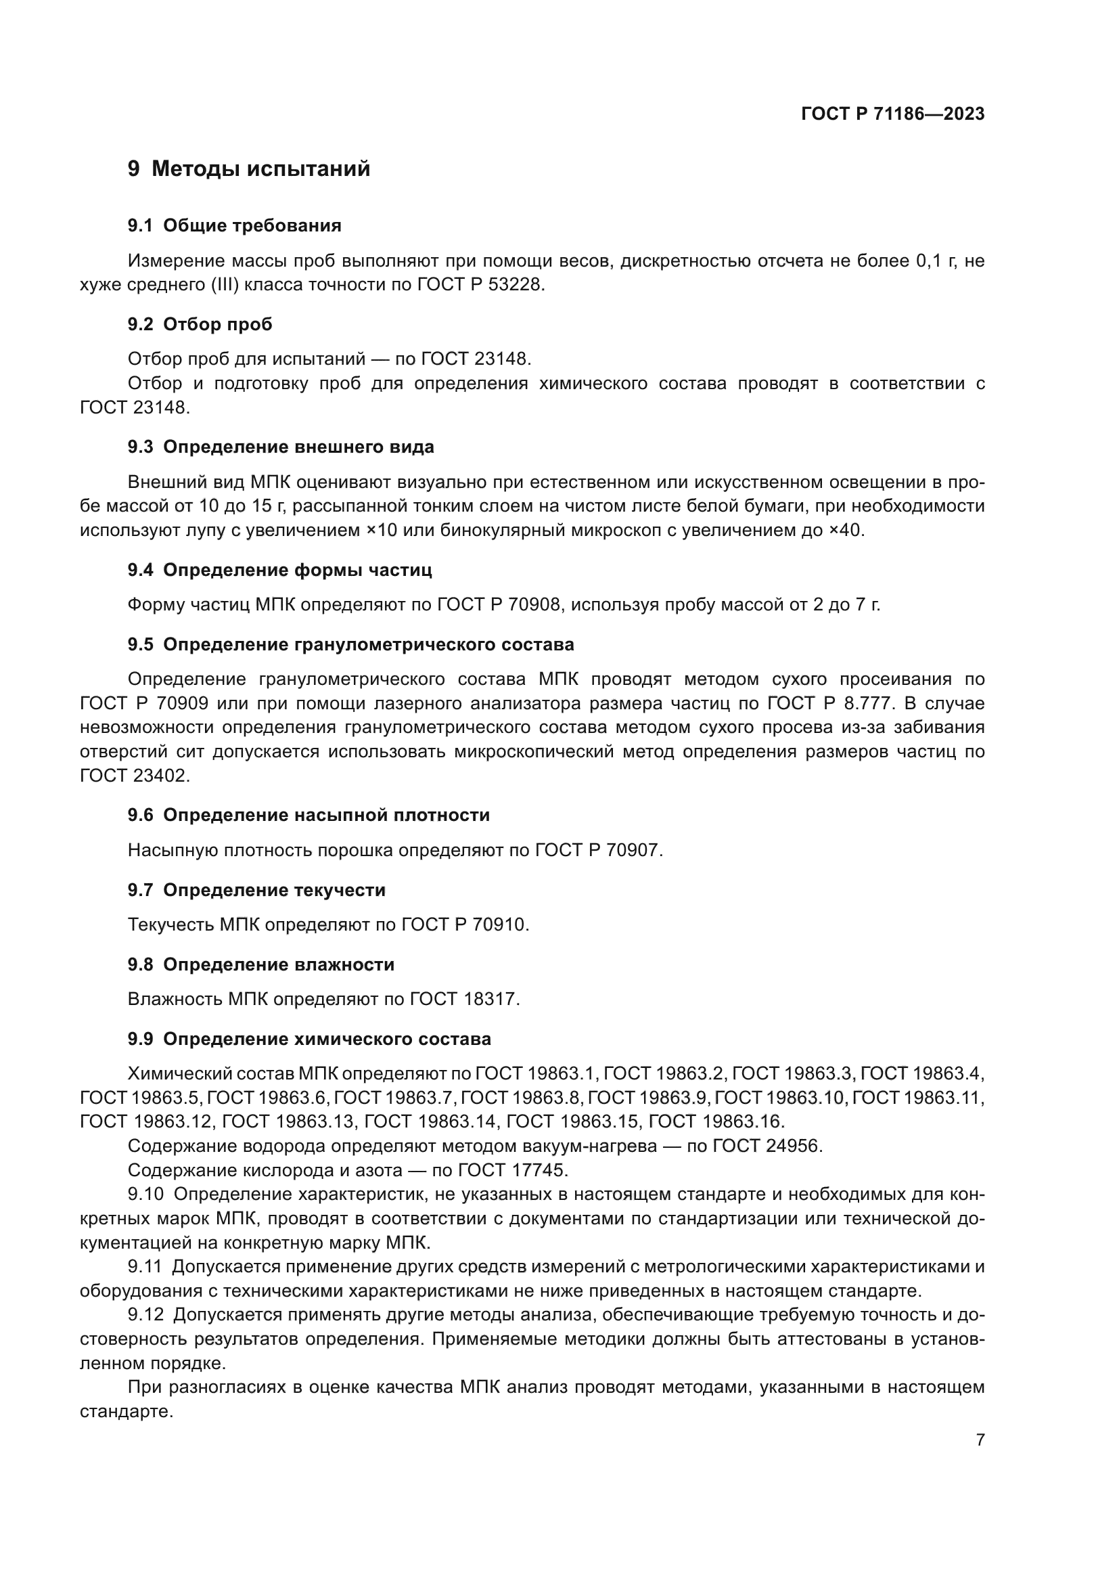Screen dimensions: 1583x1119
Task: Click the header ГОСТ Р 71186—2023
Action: (x=892, y=114)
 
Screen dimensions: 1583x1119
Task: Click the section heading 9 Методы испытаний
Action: (x=249, y=169)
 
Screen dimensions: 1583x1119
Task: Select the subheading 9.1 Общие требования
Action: (x=234, y=225)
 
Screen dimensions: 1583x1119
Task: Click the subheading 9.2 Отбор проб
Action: (x=200, y=324)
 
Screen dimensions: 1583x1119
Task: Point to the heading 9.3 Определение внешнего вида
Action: (x=281, y=447)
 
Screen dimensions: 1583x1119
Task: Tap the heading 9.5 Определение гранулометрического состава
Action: (x=350, y=645)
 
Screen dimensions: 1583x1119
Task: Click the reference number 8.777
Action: (x=869, y=703)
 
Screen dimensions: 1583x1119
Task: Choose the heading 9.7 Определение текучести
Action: (x=256, y=890)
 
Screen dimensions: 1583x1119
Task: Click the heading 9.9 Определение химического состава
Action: (x=309, y=1038)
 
